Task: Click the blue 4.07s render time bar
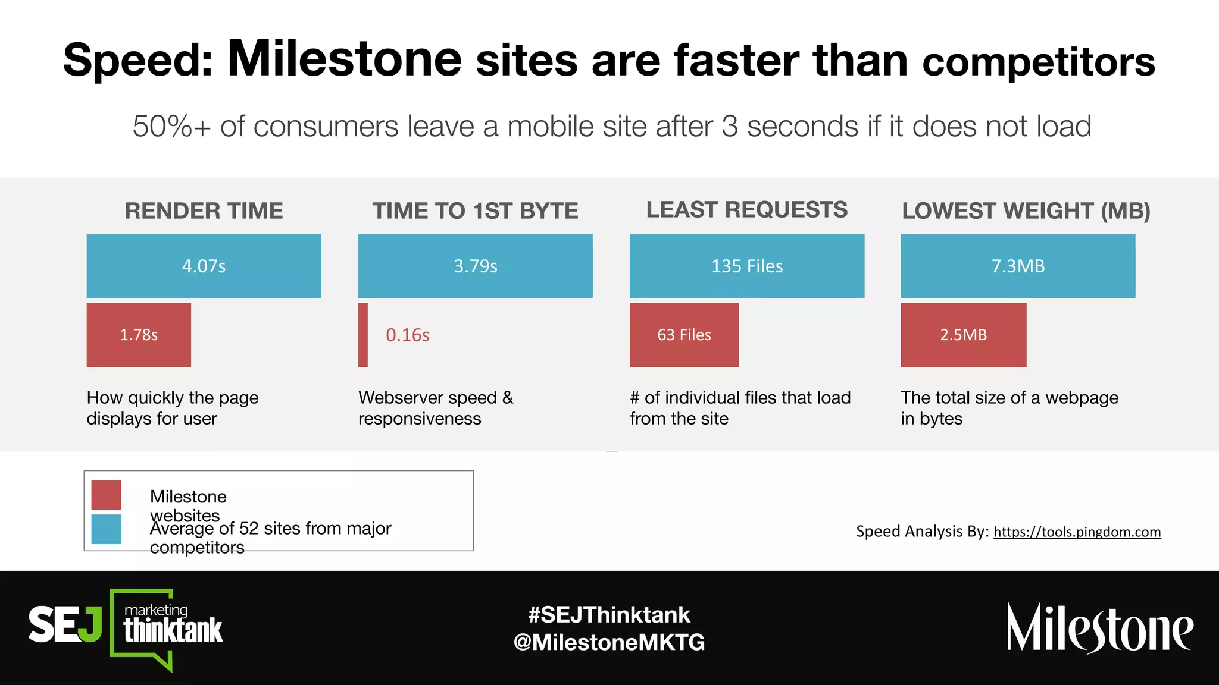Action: coord(204,266)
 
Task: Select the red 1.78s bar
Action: coord(139,335)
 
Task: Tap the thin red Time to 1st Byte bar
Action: coord(363,335)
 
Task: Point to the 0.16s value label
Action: coord(408,335)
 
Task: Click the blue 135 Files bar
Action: coord(747,266)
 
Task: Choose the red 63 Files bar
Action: coord(684,335)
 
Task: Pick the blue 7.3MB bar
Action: coord(1018,266)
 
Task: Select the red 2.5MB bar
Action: coord(963,335)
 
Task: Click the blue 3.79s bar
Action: coord(475,266)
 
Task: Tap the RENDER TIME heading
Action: coord(204,211)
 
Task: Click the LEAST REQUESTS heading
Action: coord(747,210)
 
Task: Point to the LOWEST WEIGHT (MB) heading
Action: coord(1026,211)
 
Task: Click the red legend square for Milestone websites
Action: coord(107,495)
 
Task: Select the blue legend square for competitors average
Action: coord(107,529)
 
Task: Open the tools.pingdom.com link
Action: coord(1077,532)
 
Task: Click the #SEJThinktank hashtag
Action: coord(609,615)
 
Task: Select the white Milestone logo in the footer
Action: coord(1099,629)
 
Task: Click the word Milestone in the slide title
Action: coord(345,59)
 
